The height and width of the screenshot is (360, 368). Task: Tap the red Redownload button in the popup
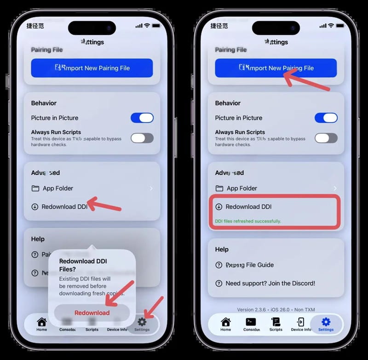point(92,313)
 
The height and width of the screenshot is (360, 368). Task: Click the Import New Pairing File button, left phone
point(92,68)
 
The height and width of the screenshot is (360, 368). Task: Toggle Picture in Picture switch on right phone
point(326,118)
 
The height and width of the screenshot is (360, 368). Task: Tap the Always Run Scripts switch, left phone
point(142,138)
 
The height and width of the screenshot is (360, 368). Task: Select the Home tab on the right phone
point(225,324)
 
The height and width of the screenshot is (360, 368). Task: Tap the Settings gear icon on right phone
point(326,322)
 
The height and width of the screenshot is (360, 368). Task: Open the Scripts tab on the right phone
point(276,324)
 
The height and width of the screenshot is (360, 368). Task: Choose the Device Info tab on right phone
point(301,324)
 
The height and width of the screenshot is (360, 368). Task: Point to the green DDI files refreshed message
point(248,221)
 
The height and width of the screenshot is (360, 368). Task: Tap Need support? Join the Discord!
point(270,283)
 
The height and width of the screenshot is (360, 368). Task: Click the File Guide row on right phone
point(250,265)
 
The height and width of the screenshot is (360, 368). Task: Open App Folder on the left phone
point(58,188)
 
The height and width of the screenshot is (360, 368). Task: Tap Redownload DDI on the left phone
point(64,207)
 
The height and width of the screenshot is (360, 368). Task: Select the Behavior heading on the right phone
point(228,103)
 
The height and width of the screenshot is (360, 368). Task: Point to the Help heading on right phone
point(222,249)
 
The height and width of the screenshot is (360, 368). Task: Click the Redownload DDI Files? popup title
point(83,265)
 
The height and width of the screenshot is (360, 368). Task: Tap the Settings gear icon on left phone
point(142,322)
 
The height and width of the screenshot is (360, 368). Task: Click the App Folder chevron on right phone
point(335,189)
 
